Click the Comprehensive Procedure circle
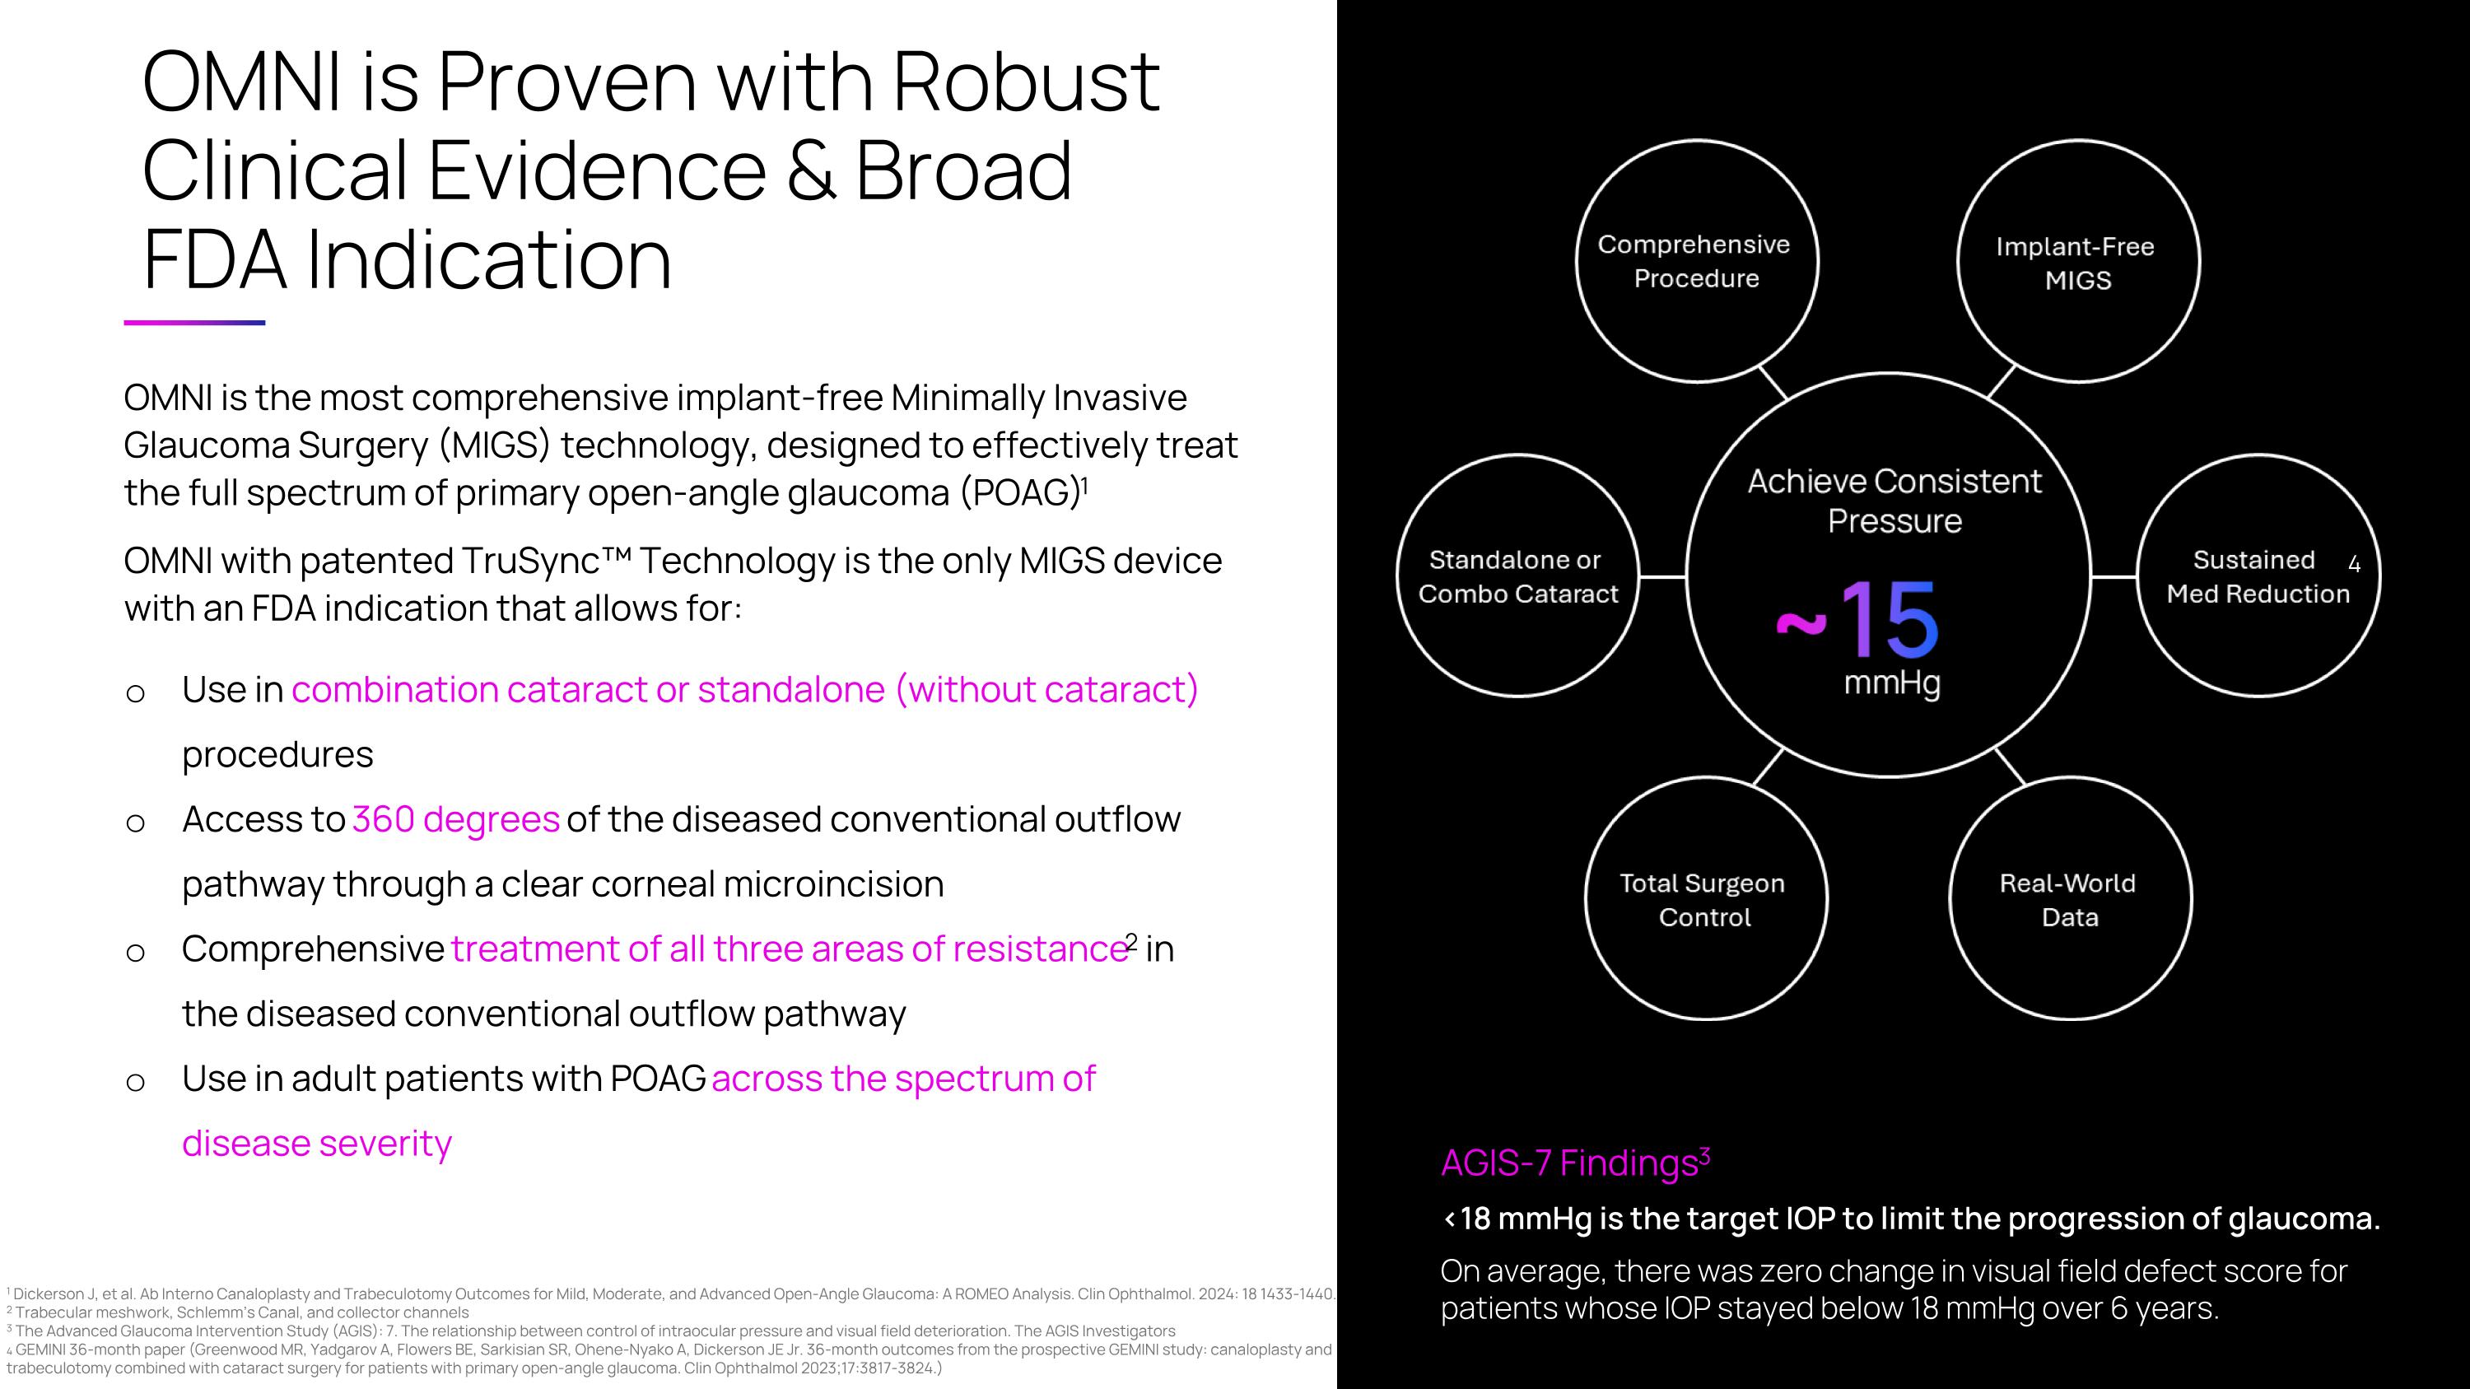coord(1695,261)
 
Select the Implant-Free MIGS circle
coord(2077,262)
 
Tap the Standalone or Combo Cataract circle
coord(1518,576)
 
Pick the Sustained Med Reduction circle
coord(2258,576)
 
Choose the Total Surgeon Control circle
coord(1705,899)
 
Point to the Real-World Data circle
coord(2069,899)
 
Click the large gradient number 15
coord(1889,619)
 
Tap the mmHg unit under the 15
coord(1892,683)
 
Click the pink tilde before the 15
coord(1801,624)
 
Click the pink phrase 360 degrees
coord(455,819)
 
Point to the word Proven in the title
coord(566,82)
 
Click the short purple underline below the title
coord(193,322)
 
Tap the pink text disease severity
coord(316,1144)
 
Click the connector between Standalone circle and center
coord(1661,576)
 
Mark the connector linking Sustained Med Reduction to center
coord(2113,576)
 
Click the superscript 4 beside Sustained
coord(2354,565)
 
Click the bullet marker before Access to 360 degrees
coord(135,823)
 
